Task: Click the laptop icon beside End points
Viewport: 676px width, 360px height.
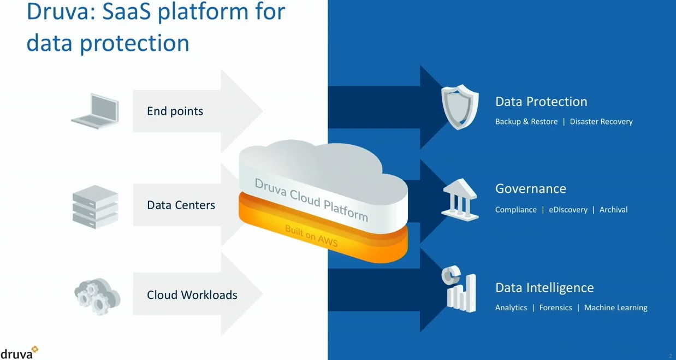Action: click(x=96, y=111)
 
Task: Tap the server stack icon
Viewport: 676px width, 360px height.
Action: click(x=96, y=206)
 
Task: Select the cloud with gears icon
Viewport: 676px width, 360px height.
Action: click(x=97, y=296)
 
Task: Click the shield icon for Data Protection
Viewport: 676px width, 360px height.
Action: click(x=460, y=107)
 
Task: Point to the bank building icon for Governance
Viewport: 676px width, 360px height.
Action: click(x=460, y=200)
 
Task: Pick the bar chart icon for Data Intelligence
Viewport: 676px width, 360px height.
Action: click(x=459, y=289)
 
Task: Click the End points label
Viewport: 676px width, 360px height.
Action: click(x=175, y=111)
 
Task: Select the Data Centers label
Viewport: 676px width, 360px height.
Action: click(x=181, y=205)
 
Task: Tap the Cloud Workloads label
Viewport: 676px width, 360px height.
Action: click(x=192, y=295)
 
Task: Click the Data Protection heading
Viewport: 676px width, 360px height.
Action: click(x=541, y=102)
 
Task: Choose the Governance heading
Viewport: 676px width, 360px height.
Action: click(x=530, y=189)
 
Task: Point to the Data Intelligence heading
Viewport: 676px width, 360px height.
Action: click(x=544, y=288)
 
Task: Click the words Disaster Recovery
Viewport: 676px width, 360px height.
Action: click(x=601, y=122)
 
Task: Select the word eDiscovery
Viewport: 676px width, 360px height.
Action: click(x=568, y=210)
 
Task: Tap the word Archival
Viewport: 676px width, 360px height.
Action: click(x=613, y=210)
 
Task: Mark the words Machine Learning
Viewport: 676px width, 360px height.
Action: click(x=615, y=308)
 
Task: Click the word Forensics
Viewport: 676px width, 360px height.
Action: click(x=555, y=308)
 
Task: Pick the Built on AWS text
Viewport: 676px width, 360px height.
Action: click(x=311, y=235)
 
